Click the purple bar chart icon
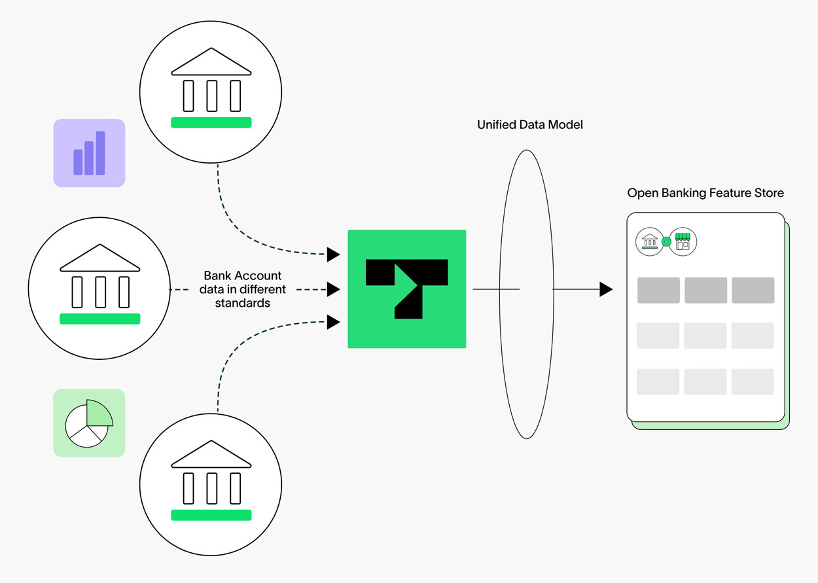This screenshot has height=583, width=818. coord(89,153)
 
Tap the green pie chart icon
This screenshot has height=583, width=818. coord(89,423)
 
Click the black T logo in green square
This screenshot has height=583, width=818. coord(406,289)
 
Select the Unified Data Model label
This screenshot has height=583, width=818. coord(529,124)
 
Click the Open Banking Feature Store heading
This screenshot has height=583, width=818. coord(705,193)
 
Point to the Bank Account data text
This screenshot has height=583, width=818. coord(243,289)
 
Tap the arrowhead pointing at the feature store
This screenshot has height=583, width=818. coord(606,289)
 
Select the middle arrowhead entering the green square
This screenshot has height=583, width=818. coord(333,289)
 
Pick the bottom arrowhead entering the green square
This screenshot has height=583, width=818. coord(333,322)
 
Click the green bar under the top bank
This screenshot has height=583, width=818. coord(211,122)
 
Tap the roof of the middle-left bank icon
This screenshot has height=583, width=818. coord(100,258)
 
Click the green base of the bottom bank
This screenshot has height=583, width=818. coord(211,515)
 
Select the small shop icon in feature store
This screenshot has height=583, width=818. coord(683,241)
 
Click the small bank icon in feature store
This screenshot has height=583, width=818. coord(650,241)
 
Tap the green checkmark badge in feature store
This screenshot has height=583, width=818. coord(666,241)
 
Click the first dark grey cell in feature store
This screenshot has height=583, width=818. coord(658,291)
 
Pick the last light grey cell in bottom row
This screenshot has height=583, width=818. coord(753,381)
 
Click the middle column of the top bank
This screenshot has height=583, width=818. coord(211,96)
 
